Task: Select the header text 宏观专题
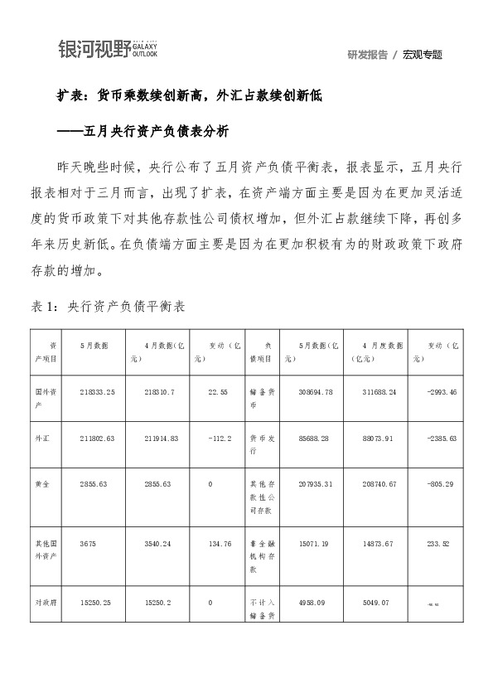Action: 423,55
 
